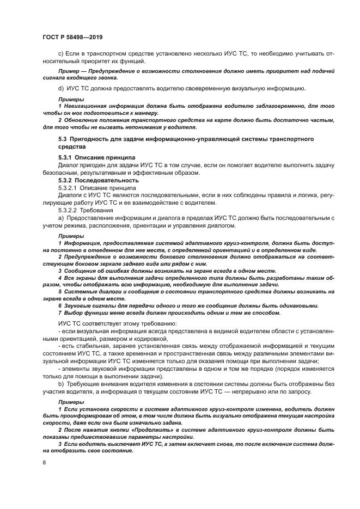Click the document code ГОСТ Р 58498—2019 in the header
[72, 38]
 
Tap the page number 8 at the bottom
[44, 463]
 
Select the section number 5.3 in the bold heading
[63, 140]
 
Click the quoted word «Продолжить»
[138, 429]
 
